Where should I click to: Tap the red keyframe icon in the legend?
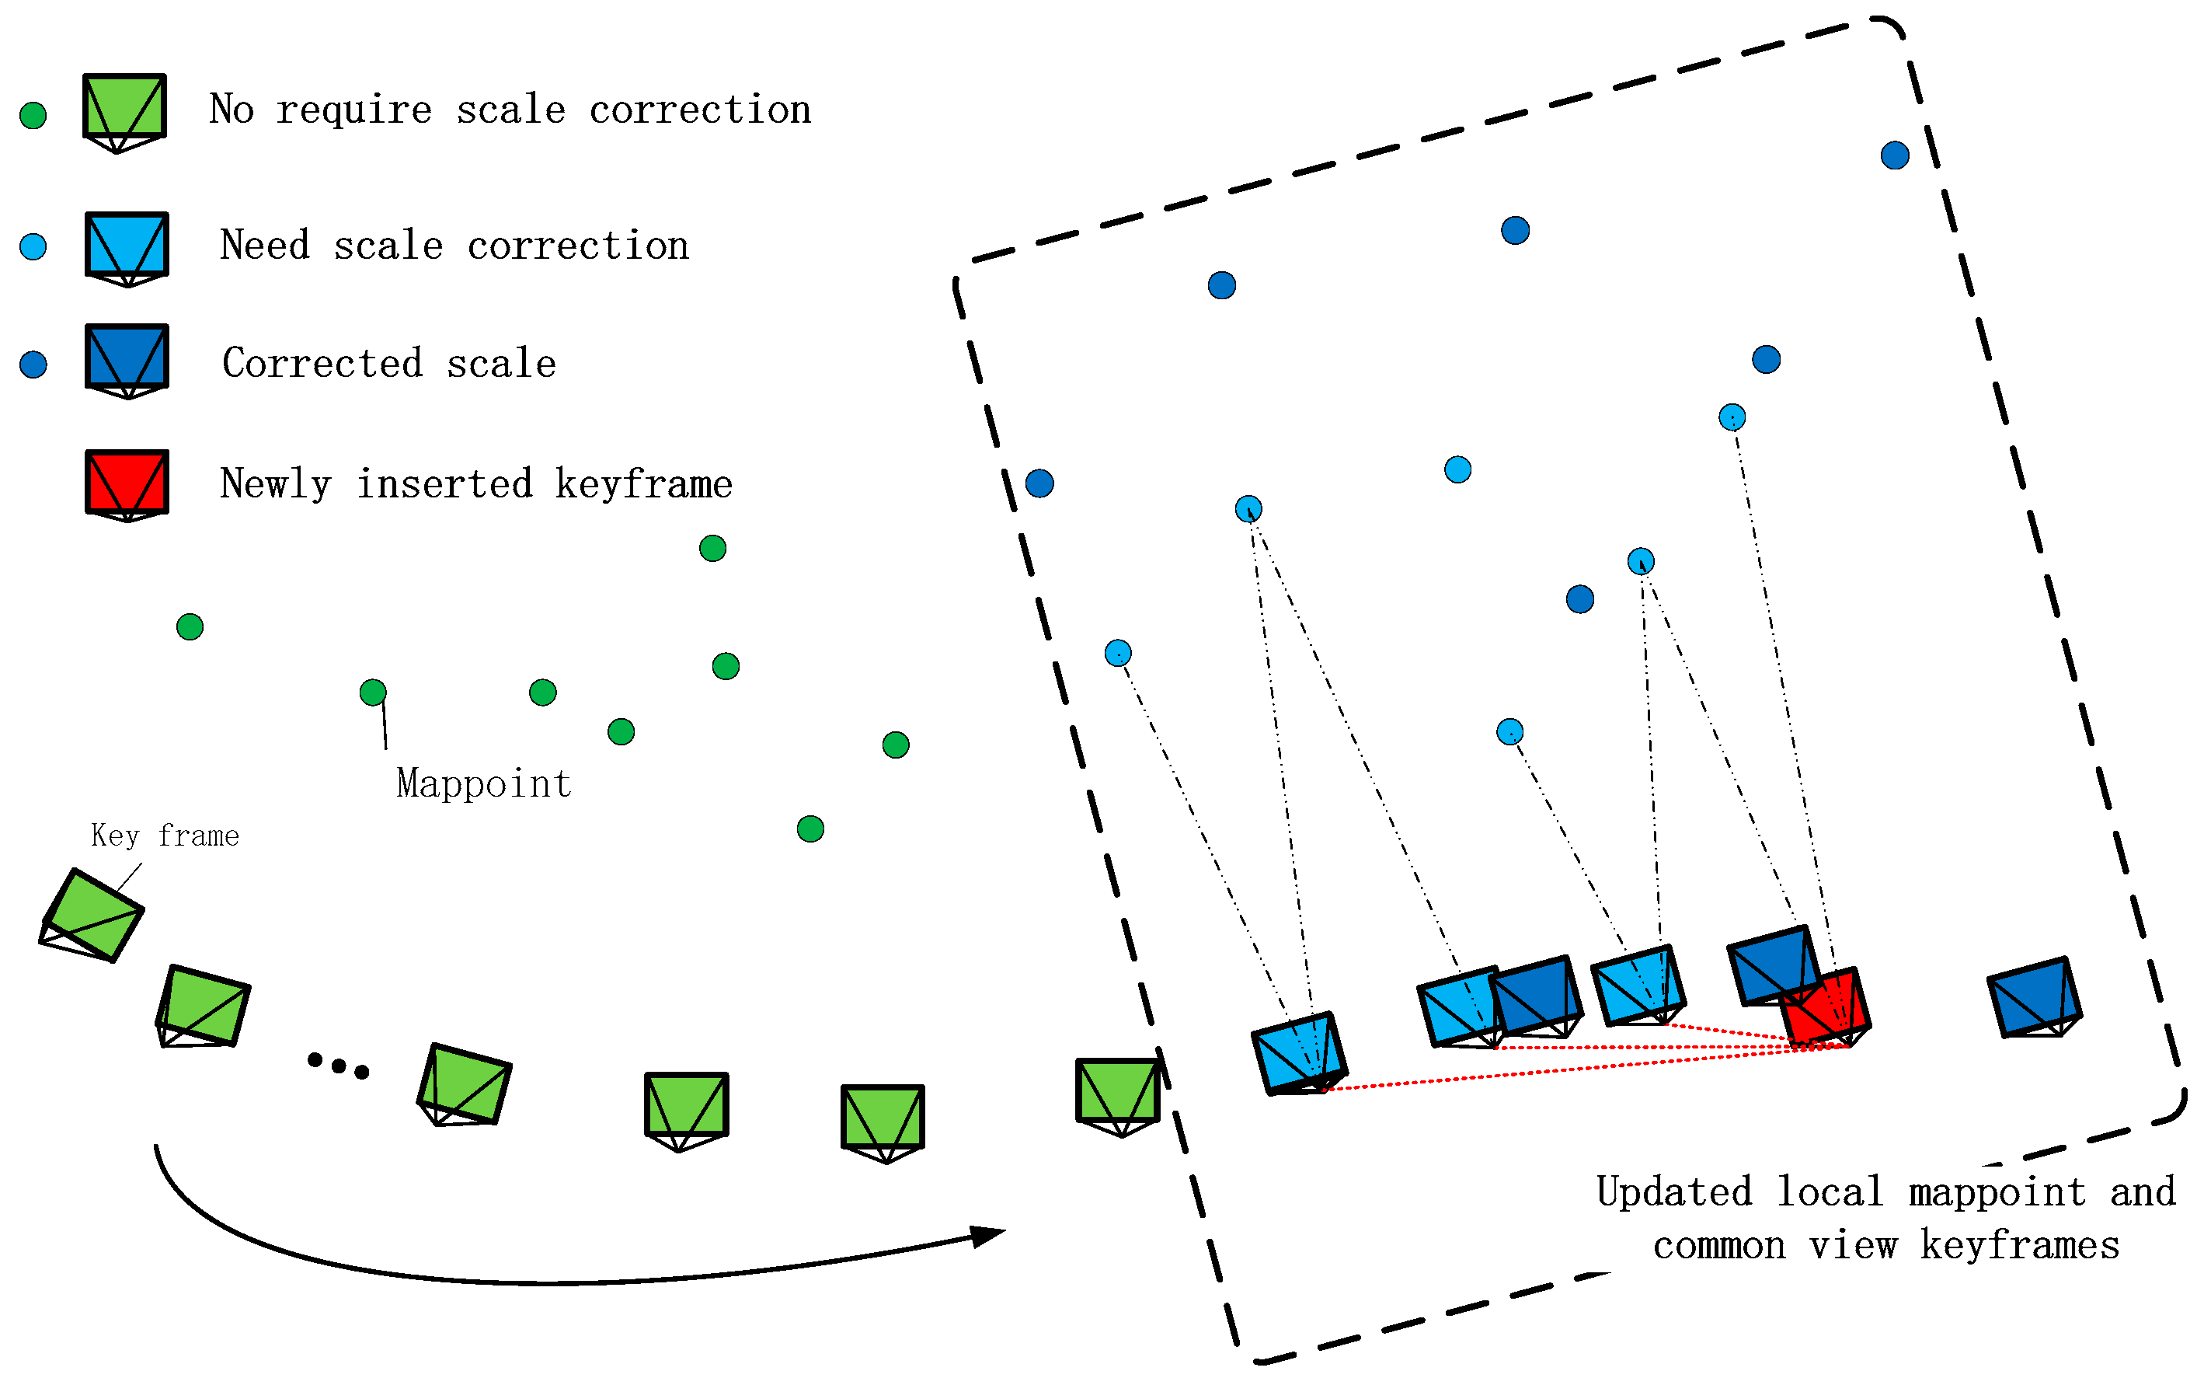coord(127,483)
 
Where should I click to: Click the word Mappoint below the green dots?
coord(484,784)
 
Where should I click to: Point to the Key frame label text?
coord(165,836)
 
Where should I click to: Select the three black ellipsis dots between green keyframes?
coord(338,1066)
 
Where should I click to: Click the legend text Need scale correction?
coord(454,246)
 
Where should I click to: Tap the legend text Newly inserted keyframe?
coord(476,484)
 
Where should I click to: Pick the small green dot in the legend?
coord(33,115)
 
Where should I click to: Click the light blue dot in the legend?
coord(33,246)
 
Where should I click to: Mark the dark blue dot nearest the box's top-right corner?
coord(1895,155)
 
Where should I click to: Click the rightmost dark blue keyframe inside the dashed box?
coord(2033,997)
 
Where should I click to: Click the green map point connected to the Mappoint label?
coord(373,692)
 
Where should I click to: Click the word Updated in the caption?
coord(1673,1191)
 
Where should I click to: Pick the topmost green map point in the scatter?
coord(712,548)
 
